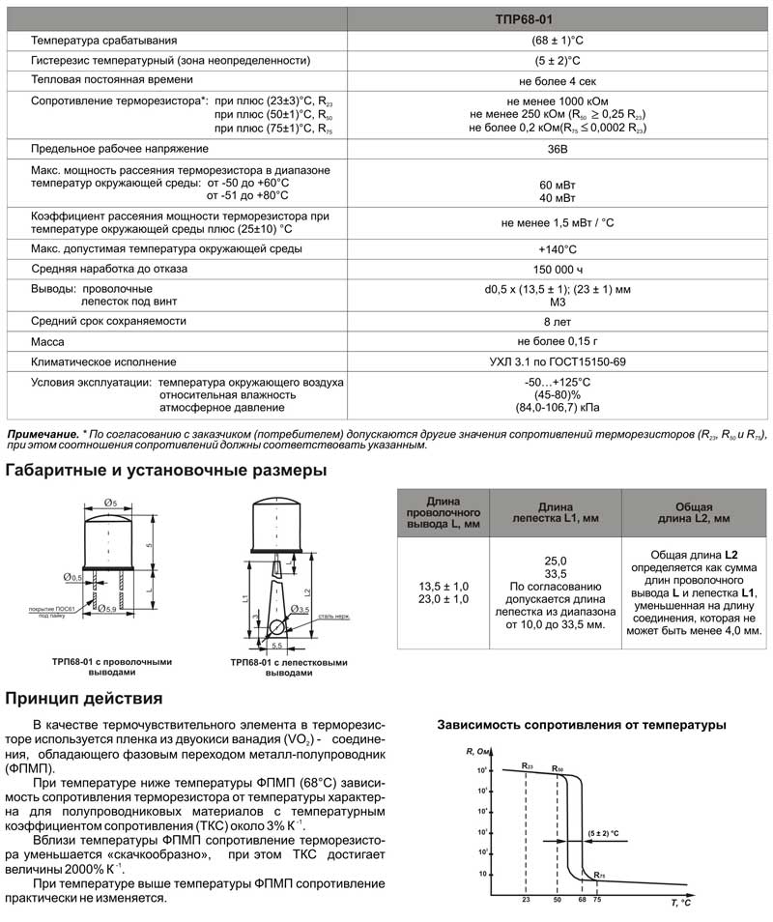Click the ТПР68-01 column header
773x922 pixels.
point(558,18)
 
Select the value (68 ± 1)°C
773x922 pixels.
point(558,41)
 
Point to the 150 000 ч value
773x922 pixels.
point(558,269)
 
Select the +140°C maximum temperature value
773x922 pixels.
point(558,248)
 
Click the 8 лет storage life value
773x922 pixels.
point(558,321)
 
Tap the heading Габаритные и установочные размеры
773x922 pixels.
point(166,471)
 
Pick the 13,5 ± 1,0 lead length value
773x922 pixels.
point(444,587)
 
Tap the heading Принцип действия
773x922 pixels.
point(84,698)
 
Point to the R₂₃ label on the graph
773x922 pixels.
point(527,765)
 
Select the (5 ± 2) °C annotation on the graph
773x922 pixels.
point(603,832)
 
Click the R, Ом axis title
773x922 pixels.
point(480,751)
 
